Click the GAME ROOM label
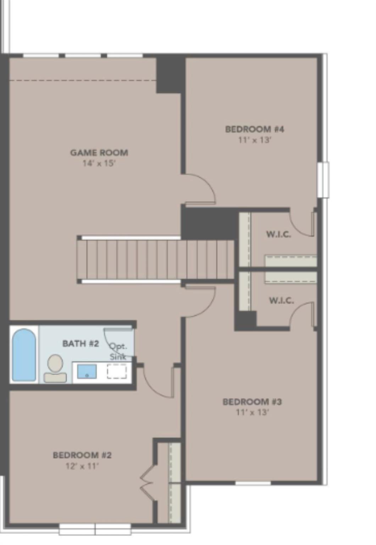point(99,153)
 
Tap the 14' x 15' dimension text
point(99,164)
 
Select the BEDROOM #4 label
point(255,129)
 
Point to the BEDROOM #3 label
point(252,402)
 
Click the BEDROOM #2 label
point(82,455)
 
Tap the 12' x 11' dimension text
point(82,466)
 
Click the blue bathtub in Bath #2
point(24,355)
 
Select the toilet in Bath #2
point(55,368)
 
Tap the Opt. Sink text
point(118,351)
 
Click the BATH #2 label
point(81,343)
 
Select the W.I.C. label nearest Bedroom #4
point(278,234)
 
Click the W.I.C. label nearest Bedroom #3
point(281,301)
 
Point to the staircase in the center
point(156,259)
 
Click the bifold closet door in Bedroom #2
point(148,483)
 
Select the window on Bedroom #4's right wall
point(323,180)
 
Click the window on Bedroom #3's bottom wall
point(253,483)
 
